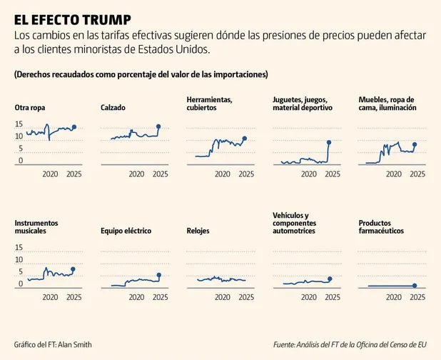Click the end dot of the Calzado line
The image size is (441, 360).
[159, 126]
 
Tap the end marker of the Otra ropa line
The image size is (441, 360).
[74, 127]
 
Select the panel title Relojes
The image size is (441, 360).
[198, 231]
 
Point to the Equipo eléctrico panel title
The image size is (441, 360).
[131, 231]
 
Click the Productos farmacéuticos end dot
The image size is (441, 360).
[415, 286]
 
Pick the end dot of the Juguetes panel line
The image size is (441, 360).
[329, 142]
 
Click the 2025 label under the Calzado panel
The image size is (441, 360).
[160, 174]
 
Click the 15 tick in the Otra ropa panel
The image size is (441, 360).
[19, 124]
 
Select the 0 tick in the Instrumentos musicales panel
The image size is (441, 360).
[21, 284]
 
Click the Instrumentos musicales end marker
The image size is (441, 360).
[73, 269]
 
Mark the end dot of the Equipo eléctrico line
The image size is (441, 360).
[159, 275]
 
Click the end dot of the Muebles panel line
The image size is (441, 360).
[415, 144]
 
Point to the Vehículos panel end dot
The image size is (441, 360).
[330, 279]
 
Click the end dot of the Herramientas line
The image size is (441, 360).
[245, 139]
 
